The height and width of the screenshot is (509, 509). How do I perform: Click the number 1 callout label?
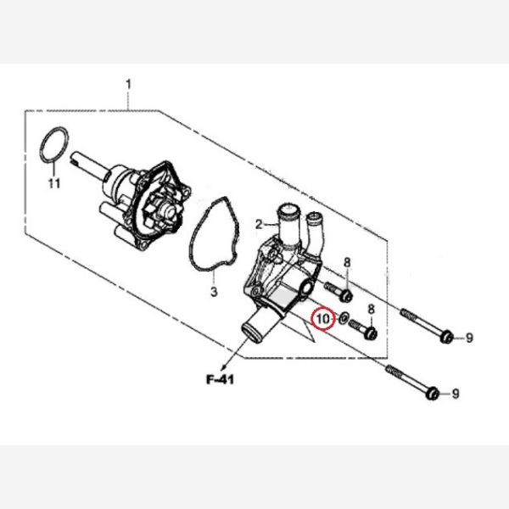point(128,84)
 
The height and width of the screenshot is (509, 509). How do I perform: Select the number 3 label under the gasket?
point(214,292)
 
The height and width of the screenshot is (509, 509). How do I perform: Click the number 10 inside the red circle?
point(322,319)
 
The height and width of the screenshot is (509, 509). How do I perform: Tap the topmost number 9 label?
point(468,339)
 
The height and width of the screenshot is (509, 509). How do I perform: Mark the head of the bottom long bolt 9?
point(433,393)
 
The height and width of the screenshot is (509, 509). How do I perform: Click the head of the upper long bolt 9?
point(446,338)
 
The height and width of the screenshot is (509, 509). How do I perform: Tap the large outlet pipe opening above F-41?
point(252,327)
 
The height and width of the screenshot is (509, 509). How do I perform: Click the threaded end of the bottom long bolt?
point(392,371)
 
